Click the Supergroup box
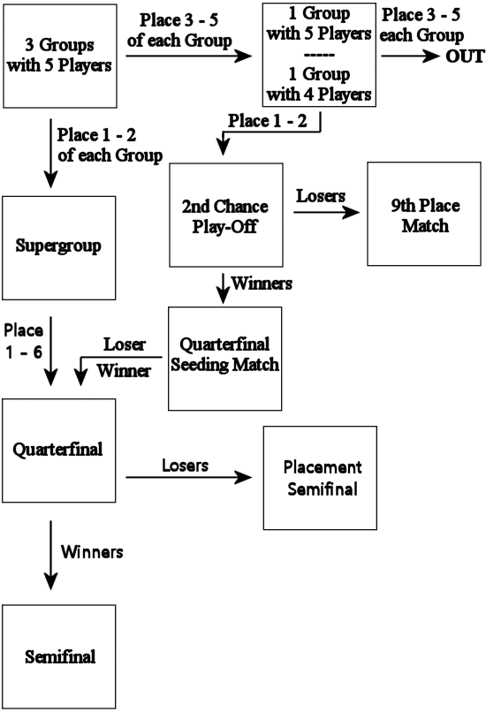click(x=59, y=248)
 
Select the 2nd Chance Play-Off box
click(x=226, y=215)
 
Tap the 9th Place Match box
click(x=424, y=214)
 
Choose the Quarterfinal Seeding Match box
click(x=224, y=359)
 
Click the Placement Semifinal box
click(x=320, y=478)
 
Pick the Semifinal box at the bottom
click(x=59, y=656)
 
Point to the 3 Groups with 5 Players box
click(x=60, y=56)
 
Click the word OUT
click(x=465, y=57)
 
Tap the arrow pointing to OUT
click(x=411, y=57)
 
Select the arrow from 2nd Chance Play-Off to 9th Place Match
click(x=327, y=212)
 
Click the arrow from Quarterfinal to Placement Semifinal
click(x=189, y=477)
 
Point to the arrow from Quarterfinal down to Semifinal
click(x=50, y=556)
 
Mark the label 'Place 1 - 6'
click(x=24, y=341)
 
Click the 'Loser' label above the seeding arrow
click(x=125, y=345)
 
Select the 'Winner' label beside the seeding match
click(x=124, y=370)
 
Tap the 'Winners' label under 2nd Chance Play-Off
click(x=262, y=284)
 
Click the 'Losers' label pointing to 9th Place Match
click(x=321, y=196)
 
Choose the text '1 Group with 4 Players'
click(x=319, y=84)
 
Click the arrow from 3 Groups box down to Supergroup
click(x=50, y=154)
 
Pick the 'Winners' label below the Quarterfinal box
click(x=92, y=552)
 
